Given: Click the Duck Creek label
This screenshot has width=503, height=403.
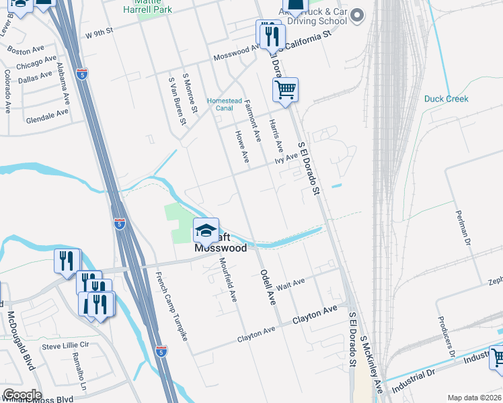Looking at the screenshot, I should point(447,99).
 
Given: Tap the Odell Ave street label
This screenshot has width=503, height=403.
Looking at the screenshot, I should point(268,287).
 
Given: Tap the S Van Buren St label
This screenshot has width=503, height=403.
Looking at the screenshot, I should point(177,101).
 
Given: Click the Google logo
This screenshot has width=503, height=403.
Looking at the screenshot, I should point(22,395).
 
